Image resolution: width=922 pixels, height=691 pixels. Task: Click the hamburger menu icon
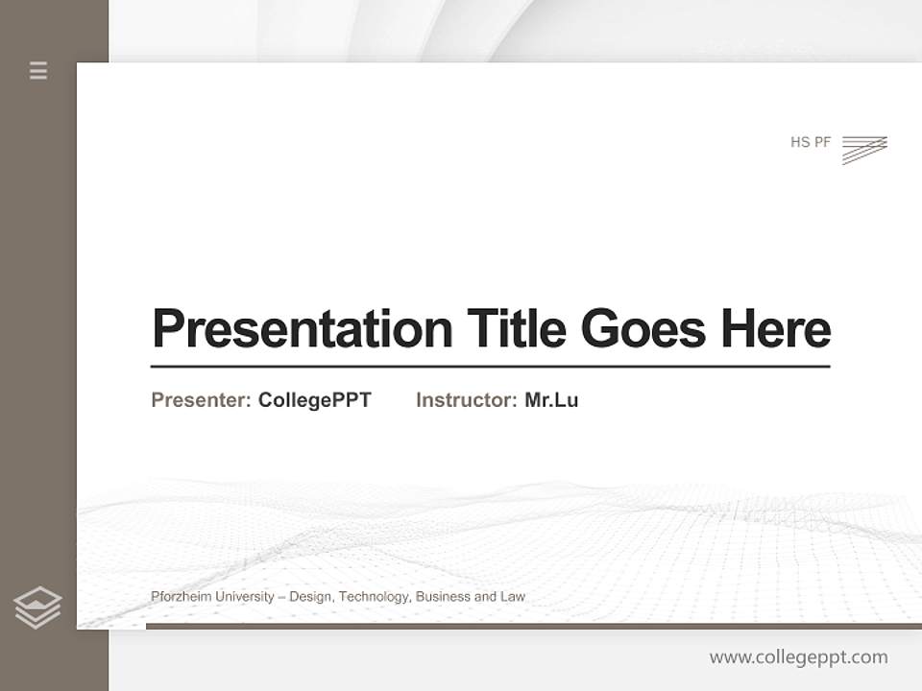[38, 70]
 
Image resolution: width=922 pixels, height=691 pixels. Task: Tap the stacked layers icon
[37, 608]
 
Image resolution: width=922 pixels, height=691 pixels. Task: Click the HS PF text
[811, 142]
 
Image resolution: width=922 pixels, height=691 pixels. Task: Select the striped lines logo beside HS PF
[864, 150]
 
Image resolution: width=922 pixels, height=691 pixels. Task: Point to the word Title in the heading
[517, 328]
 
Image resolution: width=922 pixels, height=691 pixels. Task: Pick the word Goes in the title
[644, 328]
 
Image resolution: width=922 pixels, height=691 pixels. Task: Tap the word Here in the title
[776, 328]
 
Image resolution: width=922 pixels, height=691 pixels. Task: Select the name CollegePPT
[314, 400]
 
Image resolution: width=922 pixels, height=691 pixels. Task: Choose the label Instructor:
[467, 400]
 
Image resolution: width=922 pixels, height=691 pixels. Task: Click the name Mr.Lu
[551, 400]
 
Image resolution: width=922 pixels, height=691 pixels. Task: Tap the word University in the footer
[244, 597]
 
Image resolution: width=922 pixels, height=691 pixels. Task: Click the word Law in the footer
[513, 597]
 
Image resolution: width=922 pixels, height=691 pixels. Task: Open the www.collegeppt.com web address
[798, 657]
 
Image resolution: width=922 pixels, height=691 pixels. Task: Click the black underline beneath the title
[490, 367]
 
